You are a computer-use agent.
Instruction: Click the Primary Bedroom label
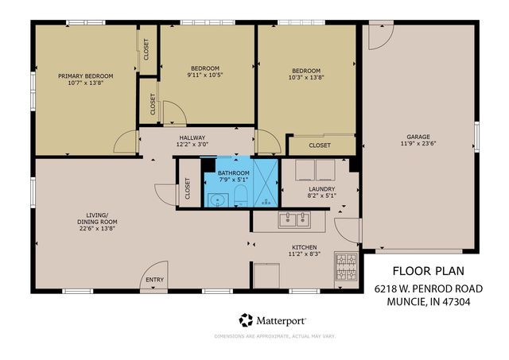(x=85, y=76)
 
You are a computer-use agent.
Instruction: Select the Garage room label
(x=418, y=137)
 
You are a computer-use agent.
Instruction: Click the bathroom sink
(x=217, y=199)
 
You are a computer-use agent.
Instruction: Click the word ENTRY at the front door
(x=153, y=279)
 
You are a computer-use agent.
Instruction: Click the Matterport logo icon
(x=246, y=320)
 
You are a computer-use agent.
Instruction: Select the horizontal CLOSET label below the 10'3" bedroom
(x=320, y=145)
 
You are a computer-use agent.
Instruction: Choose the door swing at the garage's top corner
(x=380, y=34)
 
